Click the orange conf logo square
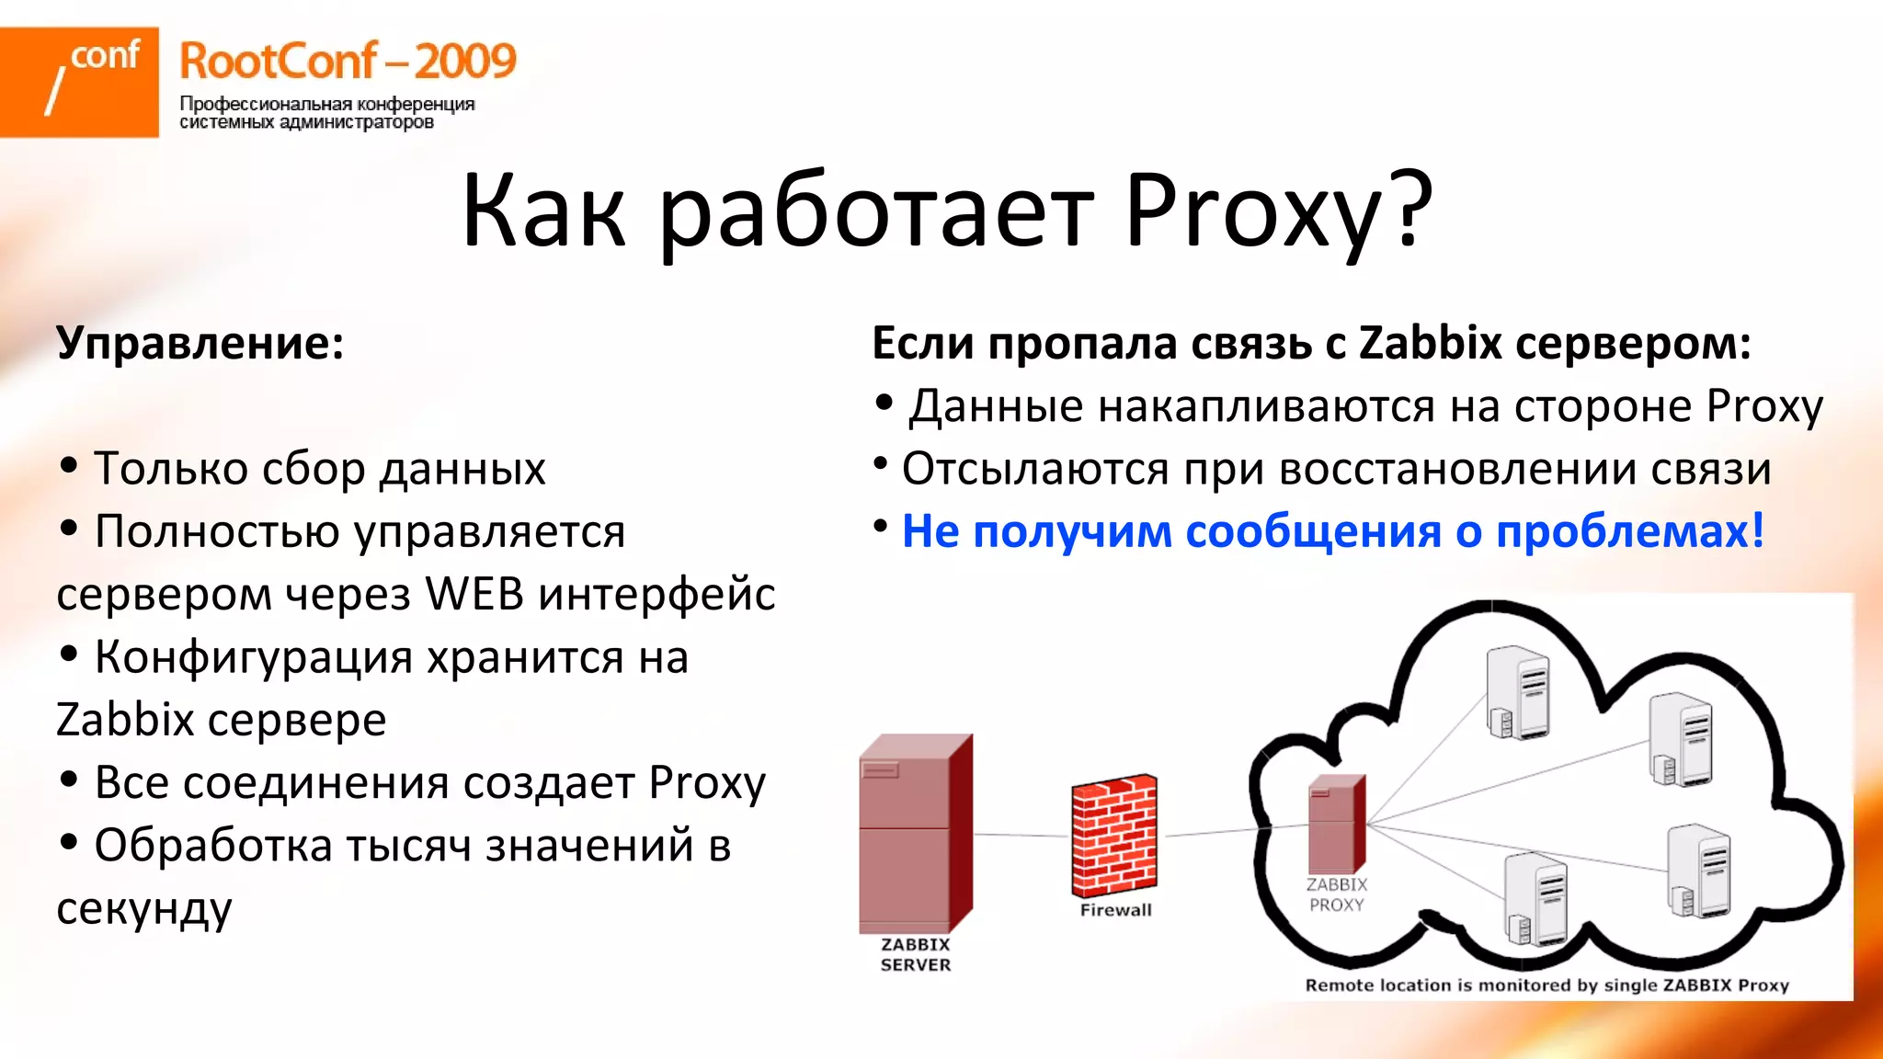(79, 82)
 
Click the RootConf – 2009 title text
(348, 62)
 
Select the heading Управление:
(200, 343)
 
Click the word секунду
(144, 908)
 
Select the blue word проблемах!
(1629, 531)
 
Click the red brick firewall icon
(1114, 835)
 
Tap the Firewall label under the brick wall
(1115, 910)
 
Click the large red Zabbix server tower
(915, 832)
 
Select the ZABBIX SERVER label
(916, 954)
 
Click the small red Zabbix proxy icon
(1336, 824)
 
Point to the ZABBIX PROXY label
(1337, 894)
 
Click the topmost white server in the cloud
(1518, 691)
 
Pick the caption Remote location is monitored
(1546, 985)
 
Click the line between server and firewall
(1021, 835)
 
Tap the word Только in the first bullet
(169, 469)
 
